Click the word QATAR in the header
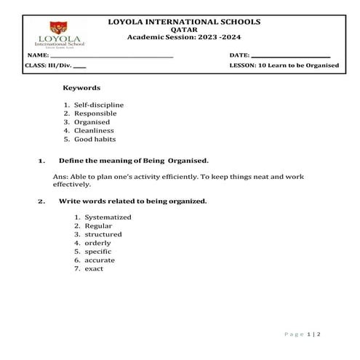point(183,29)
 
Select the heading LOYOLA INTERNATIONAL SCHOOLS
point(183,22)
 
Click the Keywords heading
point(81,87)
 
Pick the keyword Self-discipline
point(100,105)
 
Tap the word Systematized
point(108,217)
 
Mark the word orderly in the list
point(97,243)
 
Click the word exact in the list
point(94,268)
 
